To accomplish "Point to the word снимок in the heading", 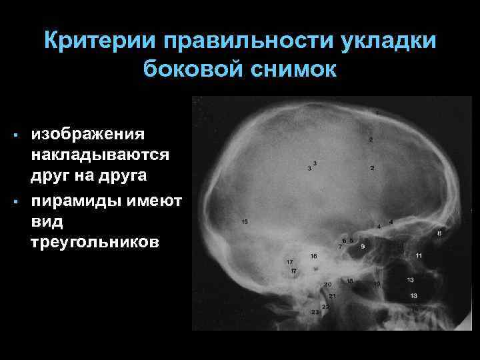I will tap(295, 69).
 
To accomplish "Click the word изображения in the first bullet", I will tap(87, 134).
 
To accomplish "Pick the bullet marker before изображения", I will tap(14, 136).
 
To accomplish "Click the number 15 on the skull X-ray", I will tap(245, 221).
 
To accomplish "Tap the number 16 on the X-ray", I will tap(313, 256).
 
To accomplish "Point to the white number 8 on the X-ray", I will tap(439, 233).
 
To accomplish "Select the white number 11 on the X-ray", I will tap(419, 256).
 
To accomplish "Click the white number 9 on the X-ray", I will tap(363, 247).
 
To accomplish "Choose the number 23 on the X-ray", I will tap(315, 311).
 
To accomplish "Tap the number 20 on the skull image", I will tap(327, 285).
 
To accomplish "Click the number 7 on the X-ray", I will tap(340, 247).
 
